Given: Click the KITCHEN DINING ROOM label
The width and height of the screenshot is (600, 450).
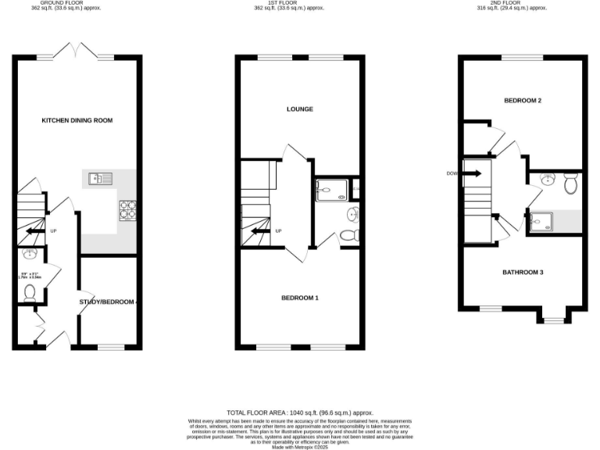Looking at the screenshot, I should (x=77, y=120).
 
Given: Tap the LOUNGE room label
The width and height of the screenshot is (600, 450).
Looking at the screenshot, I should (x=300, y=109).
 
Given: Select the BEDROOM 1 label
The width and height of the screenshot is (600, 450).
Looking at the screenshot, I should (x=300, y=298).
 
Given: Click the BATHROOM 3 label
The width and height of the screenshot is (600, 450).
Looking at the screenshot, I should (x=523, y=272).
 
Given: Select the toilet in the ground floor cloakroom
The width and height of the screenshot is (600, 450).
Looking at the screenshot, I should (x=30, y=292).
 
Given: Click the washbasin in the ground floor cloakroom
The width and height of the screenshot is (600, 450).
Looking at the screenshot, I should (x=30, y=254).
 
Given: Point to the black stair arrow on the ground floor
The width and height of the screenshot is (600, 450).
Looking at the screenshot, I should (x=34, y=231).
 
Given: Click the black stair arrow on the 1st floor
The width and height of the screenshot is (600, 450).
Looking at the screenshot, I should (x=257, y=231).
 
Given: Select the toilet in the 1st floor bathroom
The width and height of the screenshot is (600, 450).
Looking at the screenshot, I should (x=349, y=234).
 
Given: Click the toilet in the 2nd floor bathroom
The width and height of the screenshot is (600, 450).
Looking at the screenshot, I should (x=570, y=184).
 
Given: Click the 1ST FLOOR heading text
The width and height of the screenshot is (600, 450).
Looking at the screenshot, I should (x=300, y=3).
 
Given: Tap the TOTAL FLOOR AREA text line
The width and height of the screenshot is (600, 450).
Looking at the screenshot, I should (x=300, y=412).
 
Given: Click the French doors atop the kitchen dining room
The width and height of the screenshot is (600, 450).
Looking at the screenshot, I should (x=77, y=53).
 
